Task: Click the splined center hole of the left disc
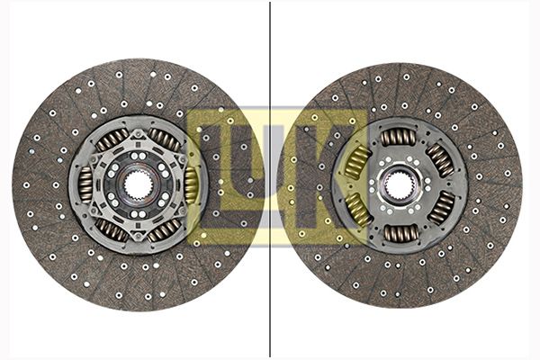coord(138,185)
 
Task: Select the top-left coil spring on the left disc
coord(112,139)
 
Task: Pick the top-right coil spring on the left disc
coord(166,139)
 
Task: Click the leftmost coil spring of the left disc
coord(85,184)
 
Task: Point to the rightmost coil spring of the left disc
coord(192,185)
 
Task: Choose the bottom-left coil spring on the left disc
coord(112,230)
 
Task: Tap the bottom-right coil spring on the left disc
coord(165,230)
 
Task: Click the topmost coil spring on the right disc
coord(399,137)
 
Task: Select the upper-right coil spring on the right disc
coord(440,160)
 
